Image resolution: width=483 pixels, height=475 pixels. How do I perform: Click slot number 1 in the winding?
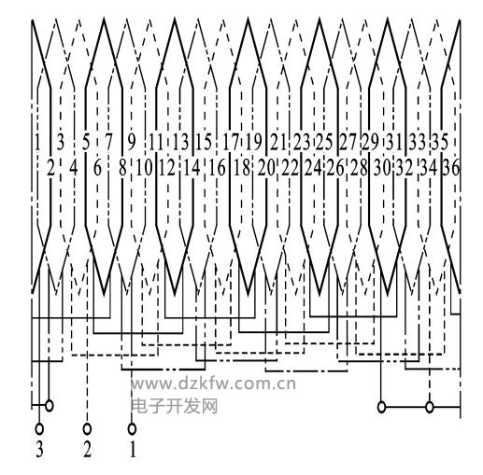(x=37, y=142)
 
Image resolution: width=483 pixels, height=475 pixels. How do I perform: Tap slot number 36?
(x=451, y=168)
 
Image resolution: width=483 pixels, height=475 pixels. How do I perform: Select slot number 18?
(x=242, y=168)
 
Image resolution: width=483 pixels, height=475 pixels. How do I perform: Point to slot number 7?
(x=108, y=142)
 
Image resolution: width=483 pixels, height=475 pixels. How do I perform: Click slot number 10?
(x=144, y=168)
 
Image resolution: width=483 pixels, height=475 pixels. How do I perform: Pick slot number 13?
(x=180, y=142)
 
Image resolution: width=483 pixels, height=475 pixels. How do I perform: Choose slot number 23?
(x=302, y=142)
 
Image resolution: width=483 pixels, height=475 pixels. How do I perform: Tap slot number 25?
(x=324, y=142)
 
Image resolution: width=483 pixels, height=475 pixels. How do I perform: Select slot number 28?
(x=359, y=168)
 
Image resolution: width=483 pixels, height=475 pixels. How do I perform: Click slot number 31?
(x=394, y=142)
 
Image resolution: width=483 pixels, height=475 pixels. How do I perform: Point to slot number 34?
(x=429, y=168)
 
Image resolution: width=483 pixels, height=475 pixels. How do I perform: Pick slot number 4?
(x=73, y=168)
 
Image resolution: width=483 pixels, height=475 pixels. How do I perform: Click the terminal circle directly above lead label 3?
(x=39, y=429)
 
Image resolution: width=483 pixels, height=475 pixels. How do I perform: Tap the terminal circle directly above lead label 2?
(x=87, y=429)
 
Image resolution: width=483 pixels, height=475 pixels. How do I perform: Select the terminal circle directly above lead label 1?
(x=132, y=429)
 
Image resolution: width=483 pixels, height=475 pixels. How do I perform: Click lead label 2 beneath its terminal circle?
(x=87, y=450)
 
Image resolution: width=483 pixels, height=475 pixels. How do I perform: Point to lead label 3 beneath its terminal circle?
(x=39, y=450)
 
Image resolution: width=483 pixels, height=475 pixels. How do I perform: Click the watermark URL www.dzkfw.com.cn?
(x=213, y=384)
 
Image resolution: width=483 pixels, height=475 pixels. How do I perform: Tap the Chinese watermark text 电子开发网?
(x=174, y=406)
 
